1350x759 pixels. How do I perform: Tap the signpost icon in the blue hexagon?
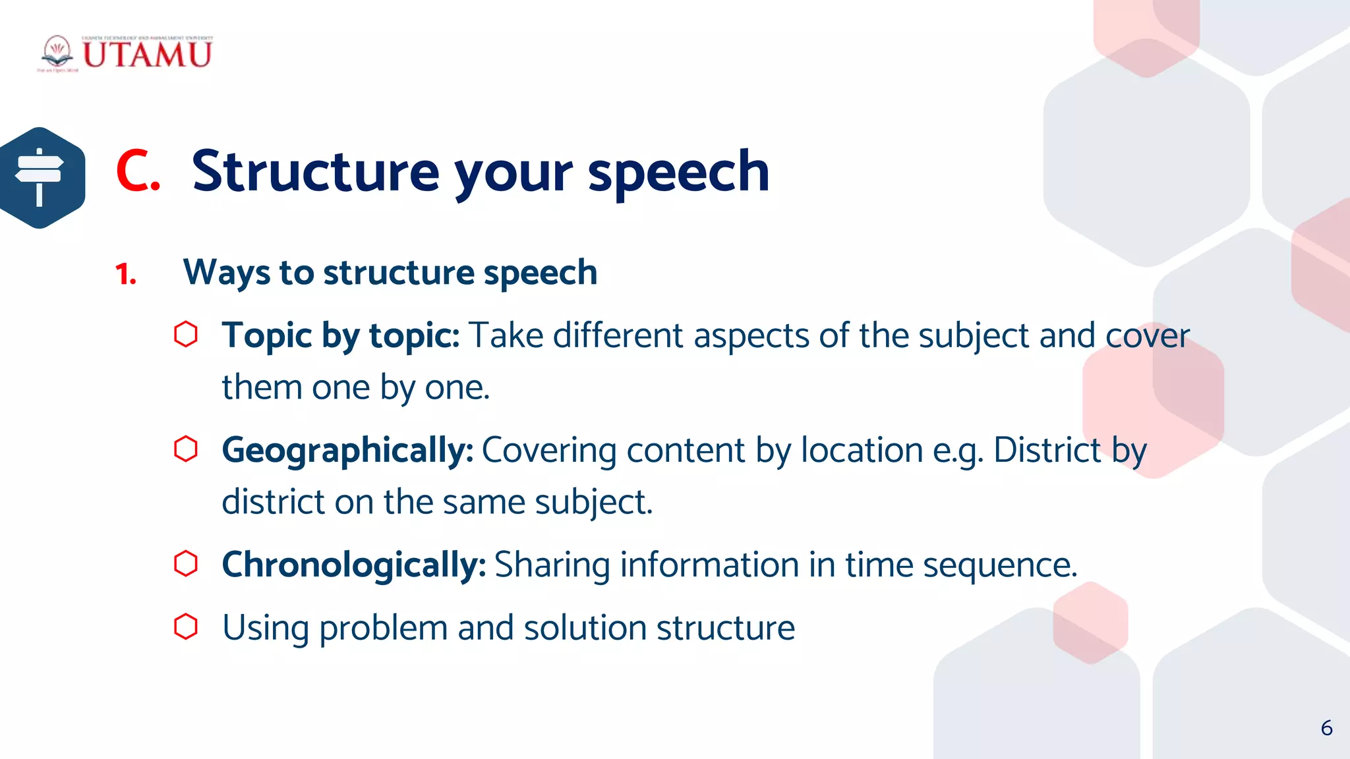pos(40,177)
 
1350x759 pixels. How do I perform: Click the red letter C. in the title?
pos(138,171)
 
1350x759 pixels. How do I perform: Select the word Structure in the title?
pos(315,171)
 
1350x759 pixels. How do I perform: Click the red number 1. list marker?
pos(125,274)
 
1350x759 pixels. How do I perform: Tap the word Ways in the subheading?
pos(226,273)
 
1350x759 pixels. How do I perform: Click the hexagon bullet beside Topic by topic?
pos(186,334)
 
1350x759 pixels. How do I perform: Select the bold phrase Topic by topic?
pos(340,336)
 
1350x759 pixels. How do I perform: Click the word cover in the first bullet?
pos(1147,336)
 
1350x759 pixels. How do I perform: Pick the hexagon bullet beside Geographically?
pos(186,449)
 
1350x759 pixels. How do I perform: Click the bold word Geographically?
pos(347,451)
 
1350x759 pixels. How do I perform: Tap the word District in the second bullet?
pos(1047,450)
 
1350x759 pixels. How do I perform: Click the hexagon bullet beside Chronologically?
pos(186,564)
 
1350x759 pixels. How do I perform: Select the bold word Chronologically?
pos(354,565)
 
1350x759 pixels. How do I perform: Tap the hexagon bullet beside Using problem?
pos(186,627)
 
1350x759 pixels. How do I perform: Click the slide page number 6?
pos(1326,728)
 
